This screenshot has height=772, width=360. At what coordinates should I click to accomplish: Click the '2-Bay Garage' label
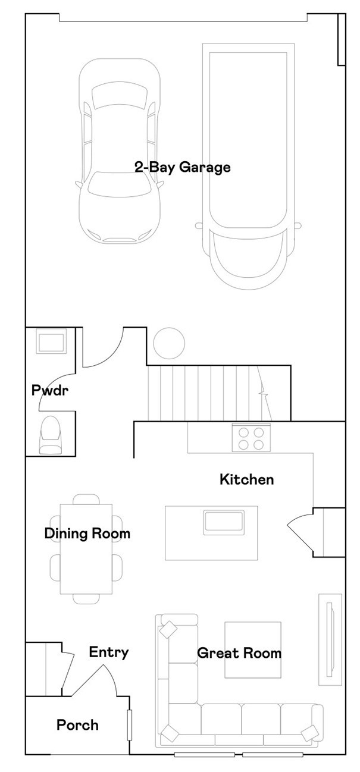[182, 168]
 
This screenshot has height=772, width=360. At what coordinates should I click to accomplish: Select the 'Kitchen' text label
[247, 479]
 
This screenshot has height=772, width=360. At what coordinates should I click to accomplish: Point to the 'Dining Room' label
[87, 534]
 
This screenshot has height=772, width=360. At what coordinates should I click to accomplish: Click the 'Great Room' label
[239, 653]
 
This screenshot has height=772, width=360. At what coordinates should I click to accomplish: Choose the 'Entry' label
[109, 652]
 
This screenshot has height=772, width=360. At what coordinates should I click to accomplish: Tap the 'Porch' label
[77, 725]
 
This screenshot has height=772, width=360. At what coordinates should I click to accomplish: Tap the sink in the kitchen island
[224, 521]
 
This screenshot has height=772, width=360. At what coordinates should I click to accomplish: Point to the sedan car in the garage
[120, 152]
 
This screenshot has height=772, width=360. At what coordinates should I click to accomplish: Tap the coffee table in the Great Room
[252, 649]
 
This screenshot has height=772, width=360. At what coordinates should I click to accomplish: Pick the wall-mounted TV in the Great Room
[330, 639]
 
